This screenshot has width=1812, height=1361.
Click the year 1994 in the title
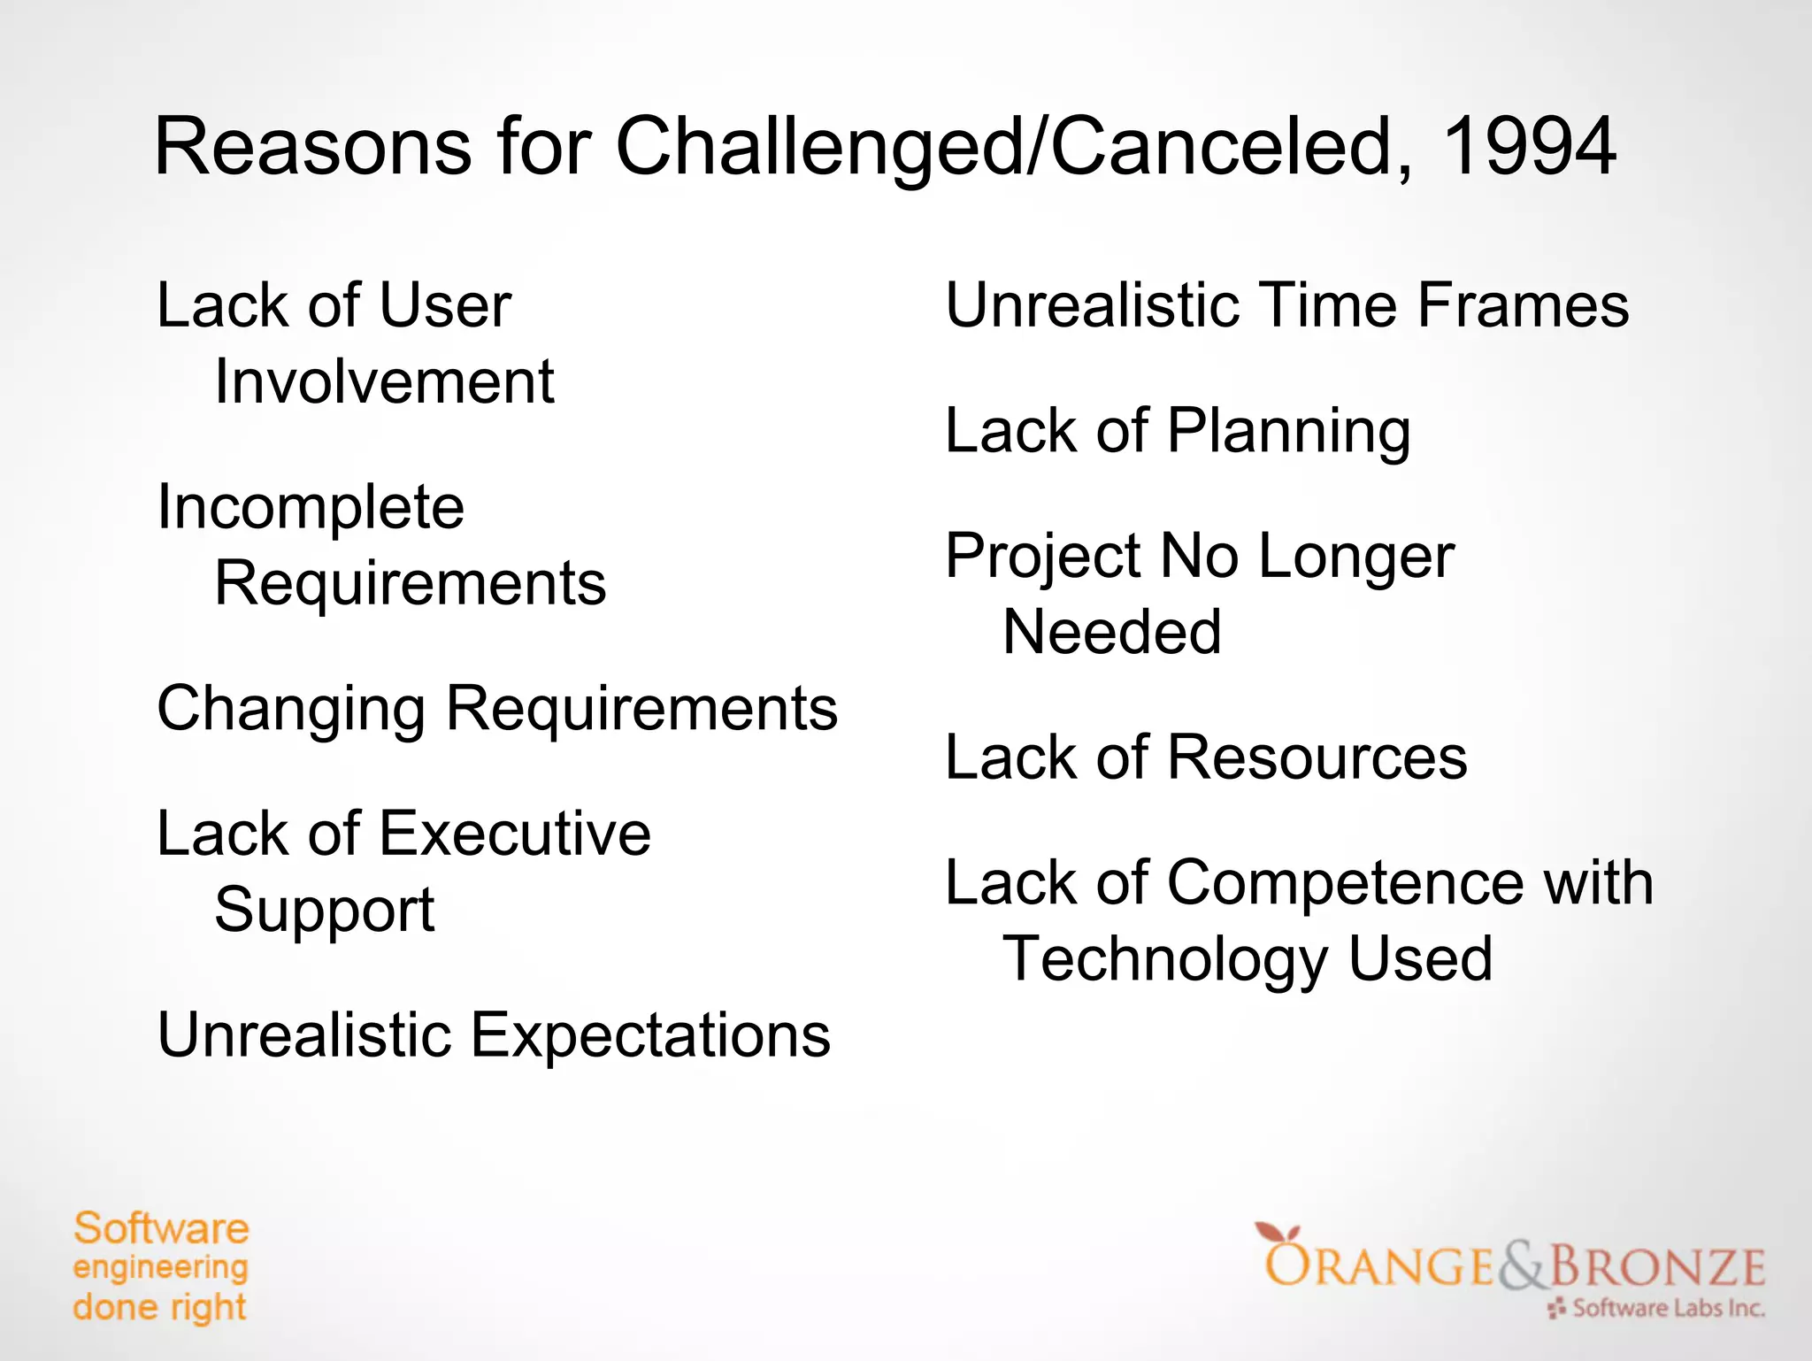click(1528, 147)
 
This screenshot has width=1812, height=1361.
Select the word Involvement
click(384, 382)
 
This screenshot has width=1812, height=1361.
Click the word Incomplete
click(311, 509)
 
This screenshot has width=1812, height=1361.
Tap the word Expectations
click(650, 1036)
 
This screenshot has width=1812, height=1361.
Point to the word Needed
click(1111, 633)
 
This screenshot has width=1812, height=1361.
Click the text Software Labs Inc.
click(1668, 1308)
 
